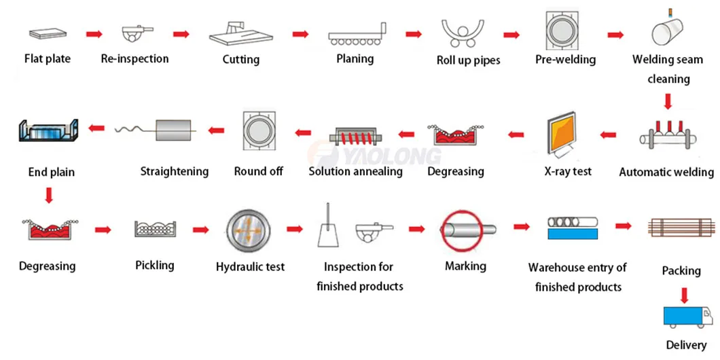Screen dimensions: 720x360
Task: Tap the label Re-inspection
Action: [x=134, y=58]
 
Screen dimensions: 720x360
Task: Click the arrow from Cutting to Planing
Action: [x=301, y=33]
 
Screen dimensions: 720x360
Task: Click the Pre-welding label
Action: [x=565, y=59]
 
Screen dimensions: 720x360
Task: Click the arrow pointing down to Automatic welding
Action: [x=668, y=102]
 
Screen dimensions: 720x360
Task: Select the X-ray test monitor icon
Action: [x=567, y=137]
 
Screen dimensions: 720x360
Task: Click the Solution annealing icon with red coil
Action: [x=355, y=139]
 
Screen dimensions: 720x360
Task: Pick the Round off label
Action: [x=258, y=171]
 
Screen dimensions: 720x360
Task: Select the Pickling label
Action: [x=154, y=265]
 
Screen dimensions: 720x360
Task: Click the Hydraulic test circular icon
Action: [x=249, y=231]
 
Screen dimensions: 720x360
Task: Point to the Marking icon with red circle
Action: [x=466, y=230]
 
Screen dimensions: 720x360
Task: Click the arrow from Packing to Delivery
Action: [x=684, y=294]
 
